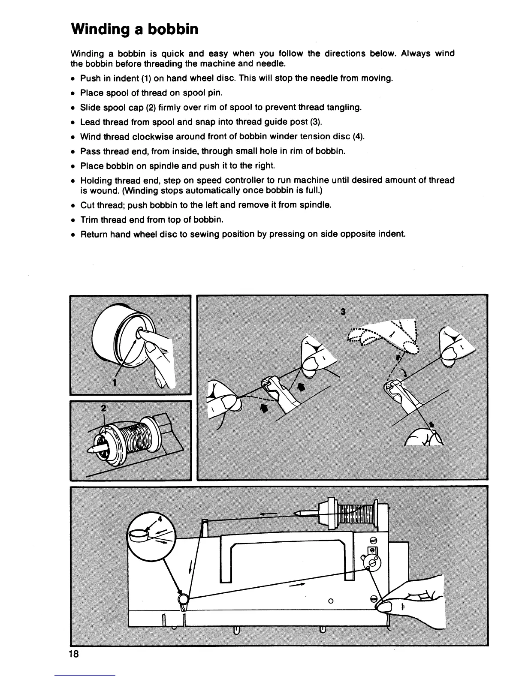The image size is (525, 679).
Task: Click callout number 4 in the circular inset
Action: pos(160,518)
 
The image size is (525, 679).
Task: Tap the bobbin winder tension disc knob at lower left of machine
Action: pos(183,598)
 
